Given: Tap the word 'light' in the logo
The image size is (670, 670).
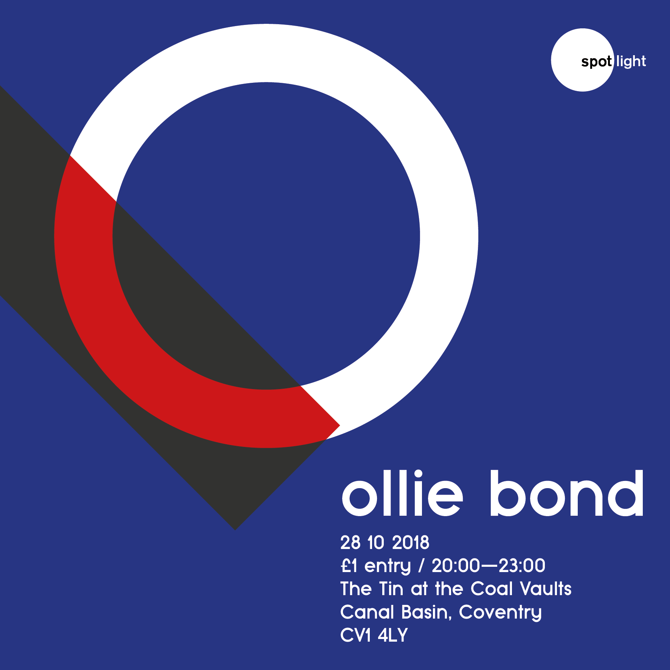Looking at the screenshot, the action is click(631, 61).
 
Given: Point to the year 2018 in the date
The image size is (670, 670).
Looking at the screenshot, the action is click(410, 543).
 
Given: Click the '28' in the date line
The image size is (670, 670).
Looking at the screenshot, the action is click(351, 543).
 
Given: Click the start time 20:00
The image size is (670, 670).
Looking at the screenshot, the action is click(456, 566).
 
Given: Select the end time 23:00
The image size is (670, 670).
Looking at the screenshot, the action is click(522, 566).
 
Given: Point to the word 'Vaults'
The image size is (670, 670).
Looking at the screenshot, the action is click(546, 589).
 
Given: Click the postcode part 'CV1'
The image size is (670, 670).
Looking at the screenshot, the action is click(355, 635).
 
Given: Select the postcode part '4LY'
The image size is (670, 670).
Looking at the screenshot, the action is click(393, 635).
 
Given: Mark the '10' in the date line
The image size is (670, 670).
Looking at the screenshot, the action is click(376, 543).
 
